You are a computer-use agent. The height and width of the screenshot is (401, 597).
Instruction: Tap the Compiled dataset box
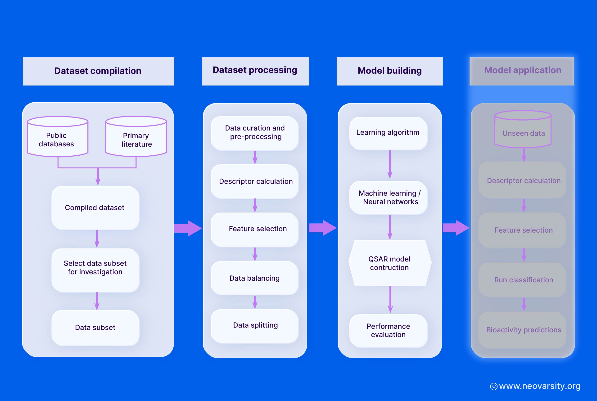[95, 207]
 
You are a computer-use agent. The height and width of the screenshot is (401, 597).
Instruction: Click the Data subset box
[95, 327]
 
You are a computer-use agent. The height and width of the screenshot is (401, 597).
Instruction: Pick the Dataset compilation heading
[98, 71]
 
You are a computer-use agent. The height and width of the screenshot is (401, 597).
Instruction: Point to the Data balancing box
[254, 278]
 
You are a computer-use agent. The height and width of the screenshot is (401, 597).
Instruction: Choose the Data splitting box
[254, 325]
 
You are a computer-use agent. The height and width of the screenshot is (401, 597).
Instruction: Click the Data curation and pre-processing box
[254, 132]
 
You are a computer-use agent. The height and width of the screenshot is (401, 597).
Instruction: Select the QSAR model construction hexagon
[389, 263]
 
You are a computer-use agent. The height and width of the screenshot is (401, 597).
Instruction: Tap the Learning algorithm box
[388, 132]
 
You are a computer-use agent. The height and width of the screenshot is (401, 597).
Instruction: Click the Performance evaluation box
[388, 330]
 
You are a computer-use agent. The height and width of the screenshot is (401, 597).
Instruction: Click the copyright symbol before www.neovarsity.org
[493, 386]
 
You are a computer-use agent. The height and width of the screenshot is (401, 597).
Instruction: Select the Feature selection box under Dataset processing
[254, 229]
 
